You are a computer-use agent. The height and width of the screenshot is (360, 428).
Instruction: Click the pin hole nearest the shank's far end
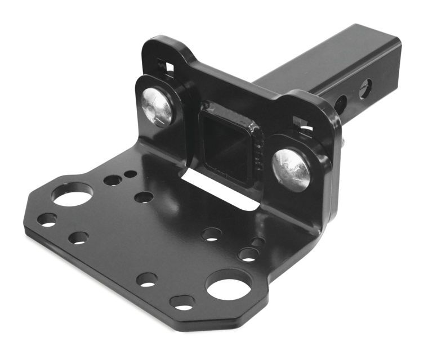(x=365, y=88)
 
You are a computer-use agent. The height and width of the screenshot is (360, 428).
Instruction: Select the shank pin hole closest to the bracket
(x=340, y=104)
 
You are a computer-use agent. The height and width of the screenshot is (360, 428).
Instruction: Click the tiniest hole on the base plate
(x=130, y=174)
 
